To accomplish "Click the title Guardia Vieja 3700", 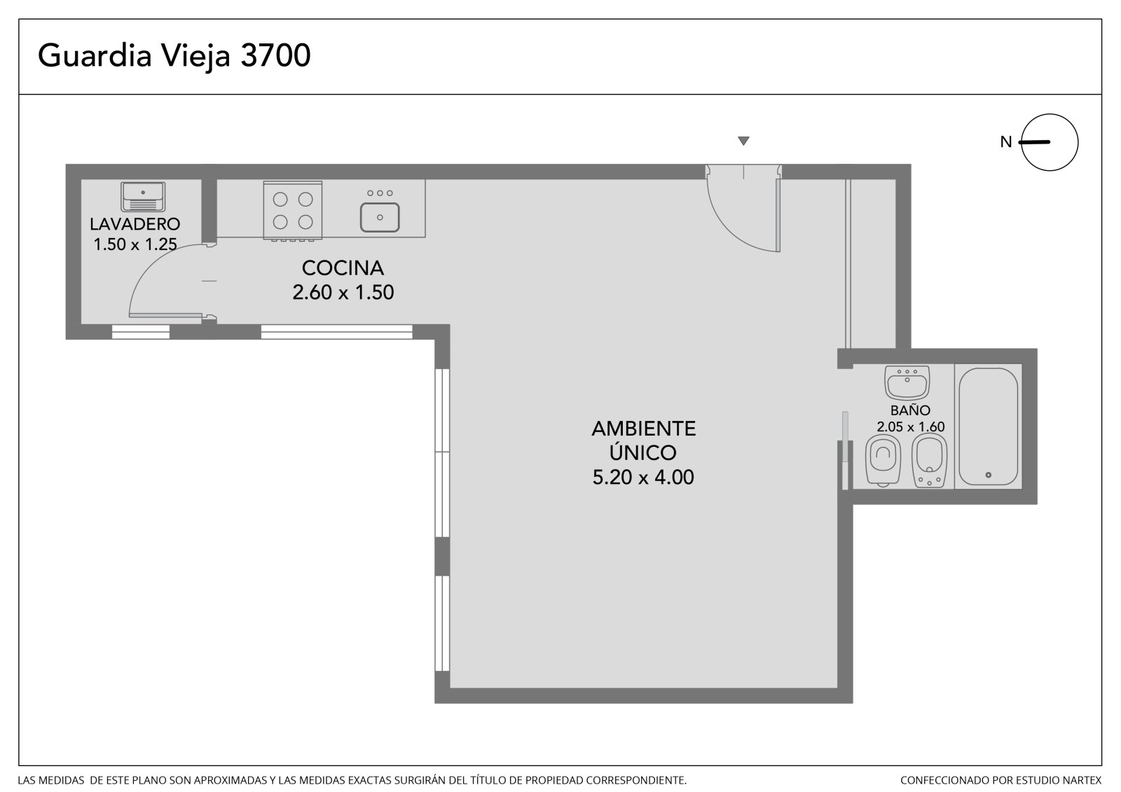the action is click(174, 55).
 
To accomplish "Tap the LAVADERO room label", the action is click(135, 223).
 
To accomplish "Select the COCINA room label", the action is click(343, 268).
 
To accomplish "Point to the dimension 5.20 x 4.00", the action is click(643, 477).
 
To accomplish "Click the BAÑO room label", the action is click(910, 410).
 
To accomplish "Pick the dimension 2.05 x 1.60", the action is click(911, 426).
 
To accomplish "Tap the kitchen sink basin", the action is click(380, 217).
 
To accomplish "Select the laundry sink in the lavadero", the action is click(143, 197).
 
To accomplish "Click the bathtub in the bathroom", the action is click(988, 426).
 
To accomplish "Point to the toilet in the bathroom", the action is click(883, 460).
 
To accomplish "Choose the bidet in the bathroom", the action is click(929, 460).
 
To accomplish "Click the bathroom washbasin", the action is click(907, 383).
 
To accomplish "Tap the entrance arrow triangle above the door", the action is click(743, 141).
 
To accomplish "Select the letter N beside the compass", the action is click(1006, 142).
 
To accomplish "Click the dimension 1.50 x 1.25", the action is click(135, 244).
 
